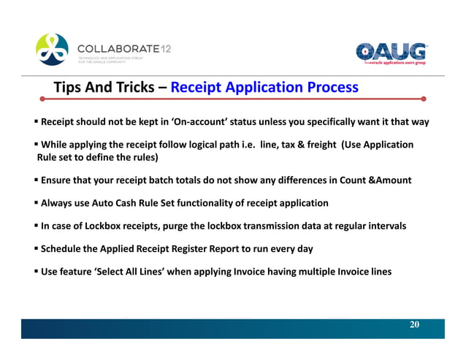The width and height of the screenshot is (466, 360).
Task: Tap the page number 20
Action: tap(414, 324)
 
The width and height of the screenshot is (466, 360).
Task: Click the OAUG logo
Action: tap(391, 53)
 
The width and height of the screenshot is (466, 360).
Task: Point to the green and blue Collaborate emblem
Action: tap(52, 50)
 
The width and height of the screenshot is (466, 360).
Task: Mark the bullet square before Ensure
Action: tap(36, 180)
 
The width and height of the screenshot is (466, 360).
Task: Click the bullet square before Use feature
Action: tap(36, 272)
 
